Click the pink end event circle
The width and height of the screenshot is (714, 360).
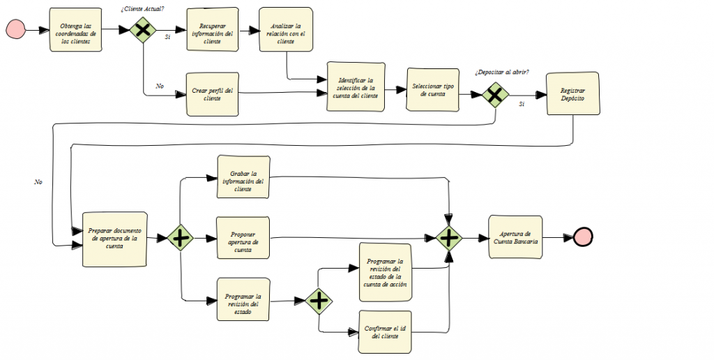(x=583, y=237)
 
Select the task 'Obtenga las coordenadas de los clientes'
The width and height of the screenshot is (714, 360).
(x=76, y=30)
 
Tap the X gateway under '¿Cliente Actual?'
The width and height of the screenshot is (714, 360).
(x=143, y=30)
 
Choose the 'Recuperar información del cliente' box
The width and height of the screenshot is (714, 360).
(x=213, y=30)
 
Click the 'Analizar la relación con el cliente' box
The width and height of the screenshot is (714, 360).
(x=285, y=30)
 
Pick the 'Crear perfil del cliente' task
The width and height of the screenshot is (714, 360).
(x=213, y=93)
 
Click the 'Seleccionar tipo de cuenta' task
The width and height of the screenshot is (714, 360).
(x=432, y=89)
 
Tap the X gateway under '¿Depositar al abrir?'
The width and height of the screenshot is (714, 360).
(x=495, y=95)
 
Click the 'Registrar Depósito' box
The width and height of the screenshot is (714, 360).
(x=572, y=94)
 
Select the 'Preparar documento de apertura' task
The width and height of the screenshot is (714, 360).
(x=114, y=239)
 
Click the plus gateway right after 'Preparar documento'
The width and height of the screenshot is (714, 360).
(x=181, y=238)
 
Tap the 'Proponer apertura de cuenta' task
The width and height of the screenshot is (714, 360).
(x=243, y=239)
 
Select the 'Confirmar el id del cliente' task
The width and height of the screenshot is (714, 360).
(x=385, y=331)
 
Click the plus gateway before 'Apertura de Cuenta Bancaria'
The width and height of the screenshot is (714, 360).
(x=449, y=238)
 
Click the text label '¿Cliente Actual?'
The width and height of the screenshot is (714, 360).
(x=143, y=8)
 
